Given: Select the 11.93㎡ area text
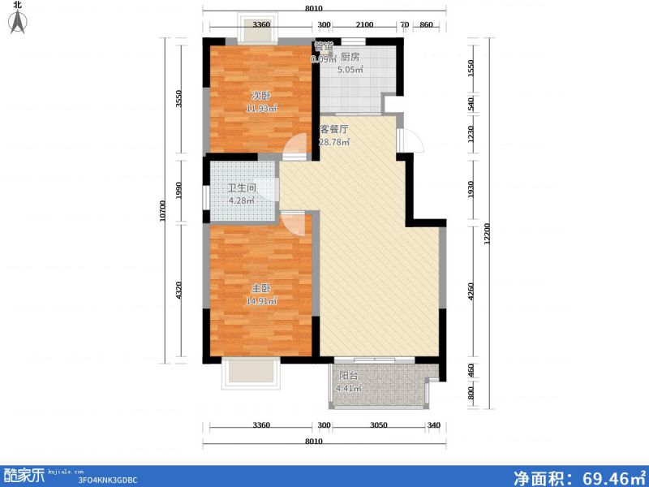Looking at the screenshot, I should click(x=262, y=108).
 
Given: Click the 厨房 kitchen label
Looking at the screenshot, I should click(x=350, y=57).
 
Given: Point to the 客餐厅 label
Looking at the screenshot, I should click(x=333, y=129).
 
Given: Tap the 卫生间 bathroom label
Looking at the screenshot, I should click(x=241, y=187).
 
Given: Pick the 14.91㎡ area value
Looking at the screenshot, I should click(x=261, y=301).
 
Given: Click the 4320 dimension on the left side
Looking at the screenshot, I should click(x=180, y=289).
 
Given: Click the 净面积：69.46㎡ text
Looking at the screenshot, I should click(x=578, y=475).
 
